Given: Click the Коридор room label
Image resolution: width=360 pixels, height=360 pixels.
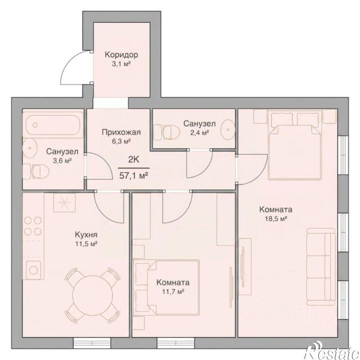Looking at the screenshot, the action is click(122, 55).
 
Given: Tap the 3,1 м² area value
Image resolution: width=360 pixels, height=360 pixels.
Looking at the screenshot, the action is click(121, 64).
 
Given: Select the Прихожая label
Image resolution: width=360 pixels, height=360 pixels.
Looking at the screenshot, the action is click(121, 133).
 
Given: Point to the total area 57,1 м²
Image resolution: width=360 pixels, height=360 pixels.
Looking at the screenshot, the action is click(134, 176).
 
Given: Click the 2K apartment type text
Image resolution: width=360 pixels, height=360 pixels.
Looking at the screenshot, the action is click(134, 159).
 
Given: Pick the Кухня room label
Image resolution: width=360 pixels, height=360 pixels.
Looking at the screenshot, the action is click(86, 235).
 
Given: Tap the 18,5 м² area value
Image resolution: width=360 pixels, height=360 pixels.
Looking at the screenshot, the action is click(276, 218).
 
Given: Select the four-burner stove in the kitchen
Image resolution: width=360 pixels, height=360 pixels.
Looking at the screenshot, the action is click(33, 226).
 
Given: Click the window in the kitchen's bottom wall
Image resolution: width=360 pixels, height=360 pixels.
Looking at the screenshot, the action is click(92, 343).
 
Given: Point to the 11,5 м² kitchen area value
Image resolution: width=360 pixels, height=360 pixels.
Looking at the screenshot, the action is click(86, 244).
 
